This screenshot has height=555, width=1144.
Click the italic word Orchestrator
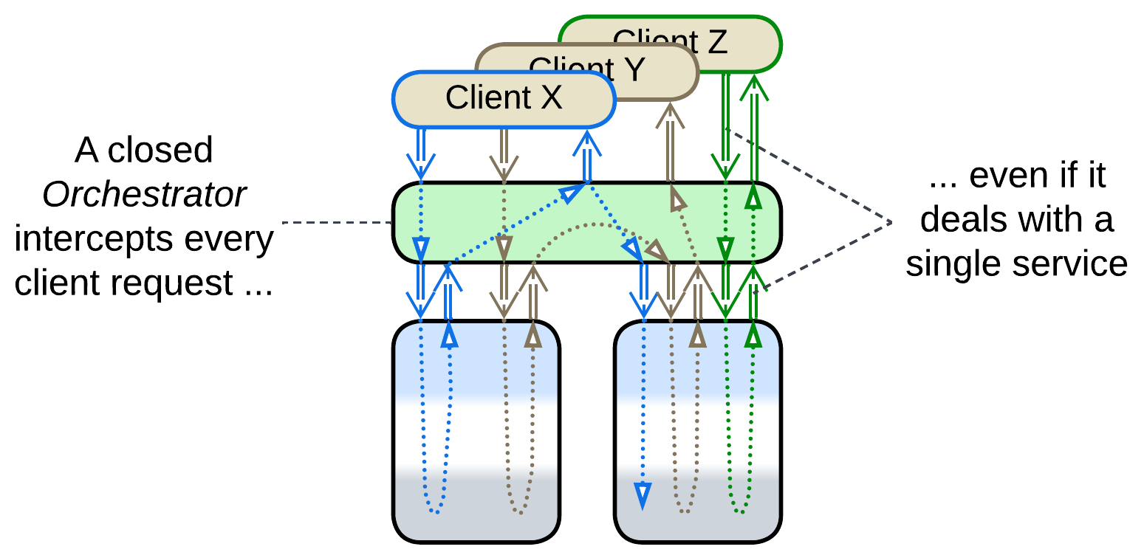point(144,195)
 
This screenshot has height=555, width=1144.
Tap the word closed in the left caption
point(160,151)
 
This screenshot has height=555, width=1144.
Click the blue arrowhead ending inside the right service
point(643,494)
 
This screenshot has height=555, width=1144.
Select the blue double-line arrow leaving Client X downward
point(420,151)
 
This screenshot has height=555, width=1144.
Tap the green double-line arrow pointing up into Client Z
point(753,125)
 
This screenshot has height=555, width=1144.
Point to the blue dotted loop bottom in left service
point(436,511)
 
